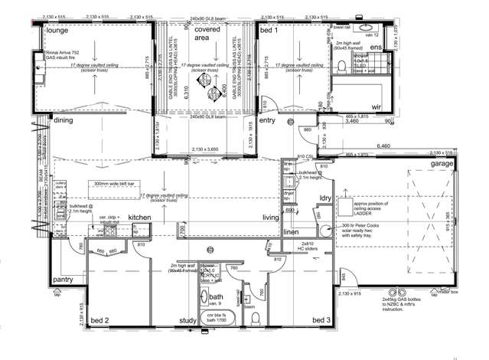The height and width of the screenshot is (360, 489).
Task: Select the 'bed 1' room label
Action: (x=269, y=30)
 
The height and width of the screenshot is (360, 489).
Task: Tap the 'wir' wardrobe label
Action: (x=376, y=107)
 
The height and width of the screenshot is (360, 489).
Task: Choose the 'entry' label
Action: (x=267, y=120)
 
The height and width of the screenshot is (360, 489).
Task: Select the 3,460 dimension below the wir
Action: (x=351, y=121)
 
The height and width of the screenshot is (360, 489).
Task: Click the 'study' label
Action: (x=188, y=320)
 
